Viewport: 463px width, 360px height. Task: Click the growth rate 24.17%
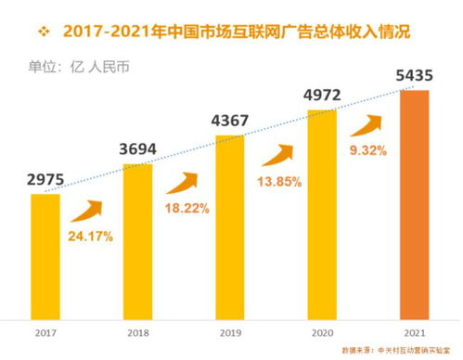[91, 237]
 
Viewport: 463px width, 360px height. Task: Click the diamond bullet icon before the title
[43, 31]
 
